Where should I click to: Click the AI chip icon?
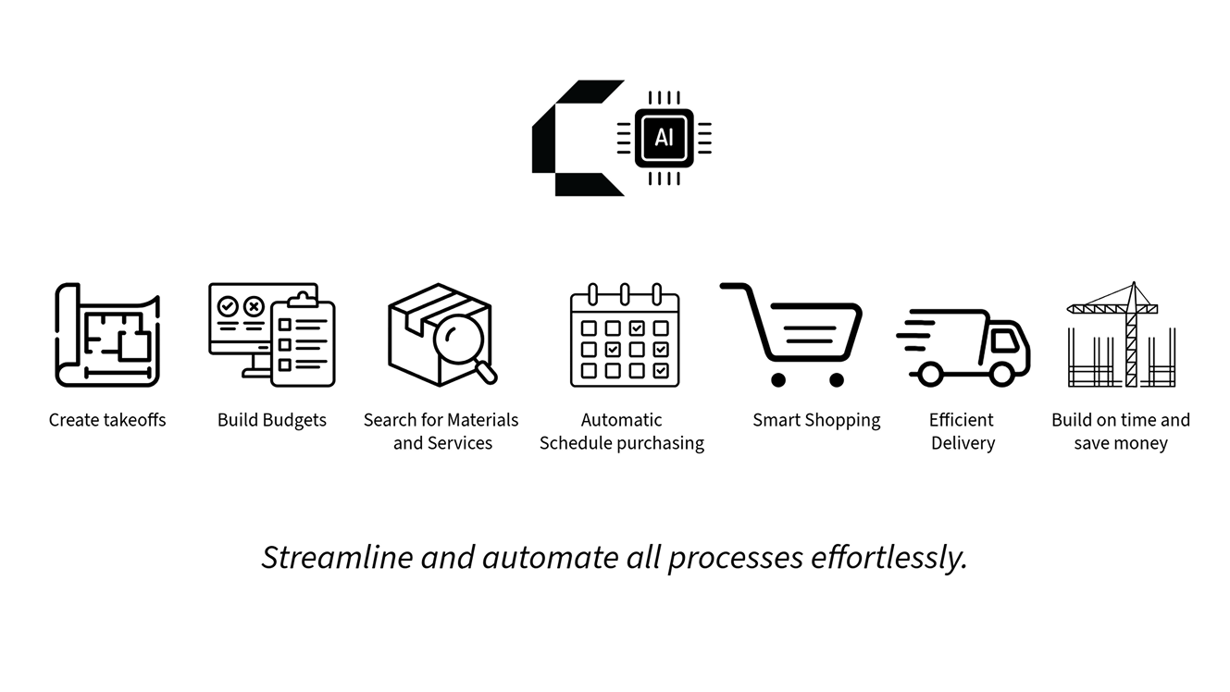coord(664,138)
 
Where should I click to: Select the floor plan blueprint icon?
coord(107,335)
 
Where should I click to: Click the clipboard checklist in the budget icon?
coord(303,342)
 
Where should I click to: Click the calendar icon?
coord(625,337)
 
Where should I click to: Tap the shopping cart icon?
coord(794,333)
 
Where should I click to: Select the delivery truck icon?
coord(964,347)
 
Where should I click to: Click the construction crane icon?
coord(1121,335)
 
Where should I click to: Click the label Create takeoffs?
coord(107,420)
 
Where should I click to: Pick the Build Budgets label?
coord(272,420)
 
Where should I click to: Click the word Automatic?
coord(622,420)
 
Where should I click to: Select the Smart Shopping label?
coord(816,420)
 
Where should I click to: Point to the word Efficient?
coord(962,420)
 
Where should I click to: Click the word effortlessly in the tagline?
coord(888,558)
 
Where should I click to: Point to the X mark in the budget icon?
coord(253,305)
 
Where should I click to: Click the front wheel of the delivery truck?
coord(1000,374)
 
